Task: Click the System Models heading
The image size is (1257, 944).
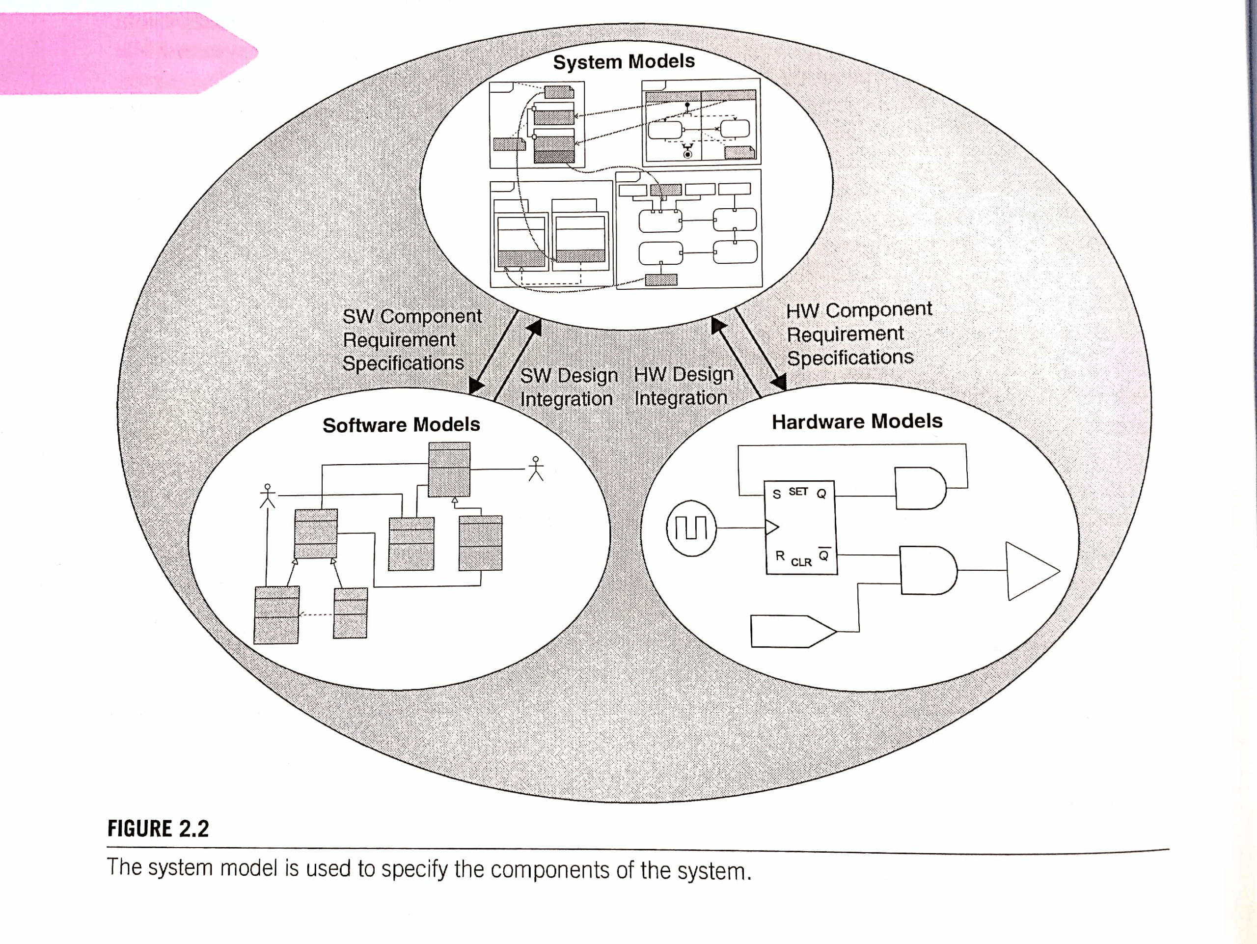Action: pyautogui.click(x=624, y=61)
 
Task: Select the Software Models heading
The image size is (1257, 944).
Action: pyautogui.click(x=401, y=424)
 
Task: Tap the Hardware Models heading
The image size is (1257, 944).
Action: pyautogui.click(x=857, y=421)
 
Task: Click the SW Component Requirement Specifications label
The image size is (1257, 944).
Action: pyautogui.click(x=412, y=339)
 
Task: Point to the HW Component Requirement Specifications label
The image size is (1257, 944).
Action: pyautogui.click(x=859, y=333)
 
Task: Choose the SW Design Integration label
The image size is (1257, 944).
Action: pyautogui.click(x=568, y=387)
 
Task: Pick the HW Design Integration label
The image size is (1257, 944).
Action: pyautogui.click(x=683, y=386)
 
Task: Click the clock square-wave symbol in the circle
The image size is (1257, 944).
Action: pyautogui.click(x=691, y=528)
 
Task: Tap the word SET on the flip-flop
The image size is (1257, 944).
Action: pyautogui.click(x=798, y=492)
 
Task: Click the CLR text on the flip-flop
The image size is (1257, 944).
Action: pyautogui.click(x=801, y=562)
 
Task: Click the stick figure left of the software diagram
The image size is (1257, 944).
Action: pyautogui.click(x=268, y=496)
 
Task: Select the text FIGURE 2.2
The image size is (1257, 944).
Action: pyautogui.click(x=158, y=829)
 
